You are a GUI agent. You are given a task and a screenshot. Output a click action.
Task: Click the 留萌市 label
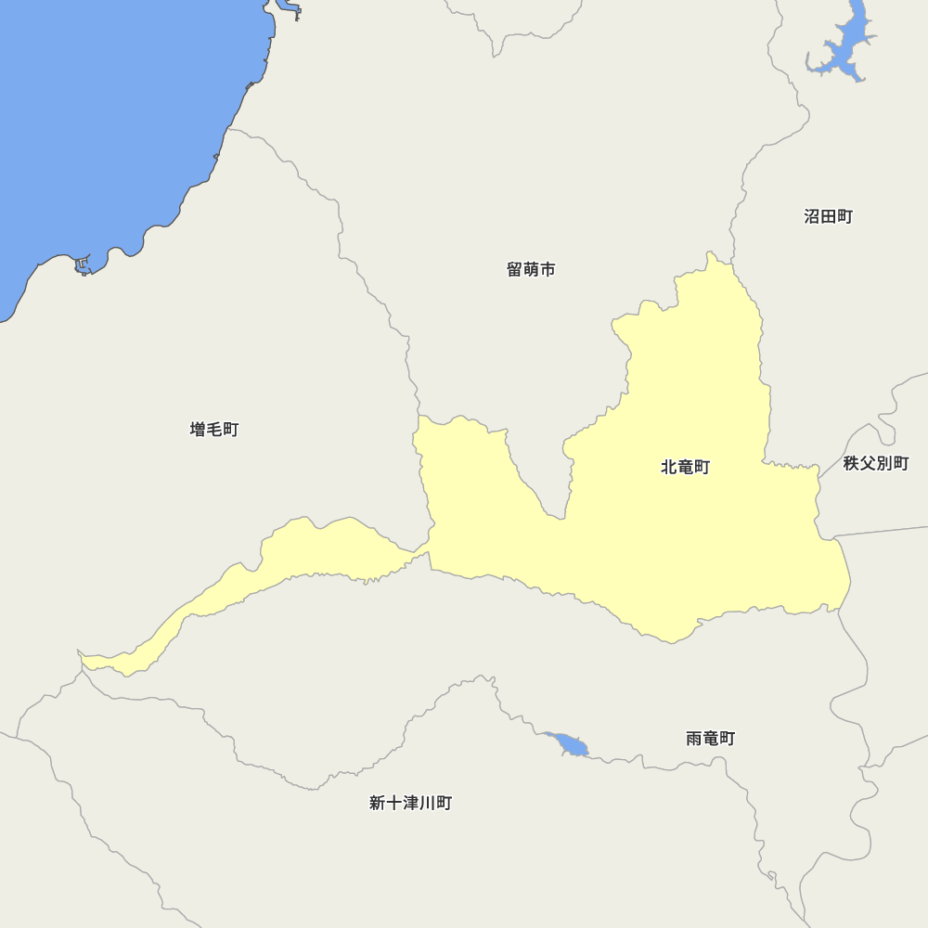[x=531, y=270]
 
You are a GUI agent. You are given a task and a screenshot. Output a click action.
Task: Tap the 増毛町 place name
[x=214, y=430]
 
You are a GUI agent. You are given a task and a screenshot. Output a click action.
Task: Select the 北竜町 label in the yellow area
[x=685, y=467]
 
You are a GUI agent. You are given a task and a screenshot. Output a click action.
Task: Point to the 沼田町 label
[x=828, y=217]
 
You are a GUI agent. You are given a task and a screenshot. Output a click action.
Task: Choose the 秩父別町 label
[x=876, y=463]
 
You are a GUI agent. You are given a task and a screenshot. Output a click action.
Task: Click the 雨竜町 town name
[x=710, y=739]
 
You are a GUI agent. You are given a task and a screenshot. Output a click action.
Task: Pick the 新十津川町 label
[x=410, y=804]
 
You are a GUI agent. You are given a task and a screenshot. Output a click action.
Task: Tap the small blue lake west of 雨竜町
[x=569, y=744]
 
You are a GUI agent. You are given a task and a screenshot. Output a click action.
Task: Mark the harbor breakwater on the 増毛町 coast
[x=84, y=266]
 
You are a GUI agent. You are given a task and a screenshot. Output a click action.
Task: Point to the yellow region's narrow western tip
[x=86, y=661]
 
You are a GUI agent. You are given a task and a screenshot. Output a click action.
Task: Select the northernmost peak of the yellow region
[x=712, y=257]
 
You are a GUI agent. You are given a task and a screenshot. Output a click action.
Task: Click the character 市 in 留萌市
[x=548, y=270]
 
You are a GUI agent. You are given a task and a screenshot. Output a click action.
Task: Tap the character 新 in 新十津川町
[x=378, y=804]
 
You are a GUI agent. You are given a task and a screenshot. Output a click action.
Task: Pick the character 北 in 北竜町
[x=669, y=467]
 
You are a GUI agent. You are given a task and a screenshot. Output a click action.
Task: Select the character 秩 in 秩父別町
[x=852, y=463]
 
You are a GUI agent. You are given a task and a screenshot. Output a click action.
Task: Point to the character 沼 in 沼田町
[x=812, y=217]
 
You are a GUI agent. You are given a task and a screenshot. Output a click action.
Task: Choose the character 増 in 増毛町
[x=199, y=430]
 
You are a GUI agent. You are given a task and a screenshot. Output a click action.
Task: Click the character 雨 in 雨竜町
[x=694, y=739]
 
